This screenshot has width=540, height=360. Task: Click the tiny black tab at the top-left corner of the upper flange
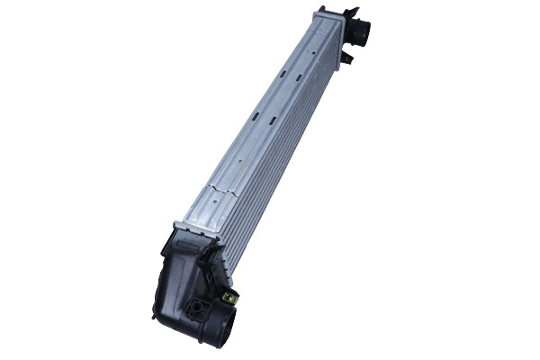pos(318,10)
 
